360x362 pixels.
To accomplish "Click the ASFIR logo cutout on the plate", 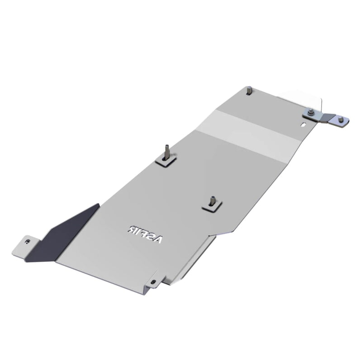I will (x=144, y=233).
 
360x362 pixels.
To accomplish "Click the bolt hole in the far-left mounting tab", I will (x=28, y=242).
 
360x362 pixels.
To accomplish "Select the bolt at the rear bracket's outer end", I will (x=341, y=120).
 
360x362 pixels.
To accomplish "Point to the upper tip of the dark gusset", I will (x=98, y=205).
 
